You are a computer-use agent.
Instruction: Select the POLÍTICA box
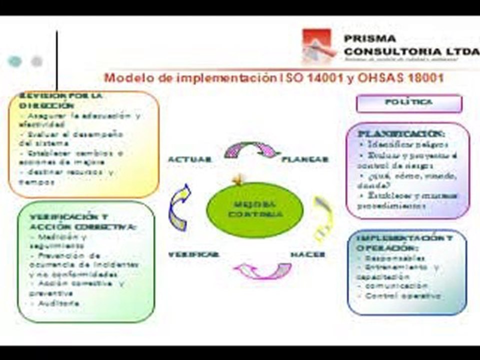[409, 103]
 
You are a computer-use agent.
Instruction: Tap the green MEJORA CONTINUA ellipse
[254, 210]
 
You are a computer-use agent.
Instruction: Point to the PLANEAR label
[305, 159]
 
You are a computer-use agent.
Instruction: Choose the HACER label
[308, 254]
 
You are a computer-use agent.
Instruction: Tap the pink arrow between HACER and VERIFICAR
[263, 270]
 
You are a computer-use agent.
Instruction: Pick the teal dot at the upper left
[15, 61]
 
